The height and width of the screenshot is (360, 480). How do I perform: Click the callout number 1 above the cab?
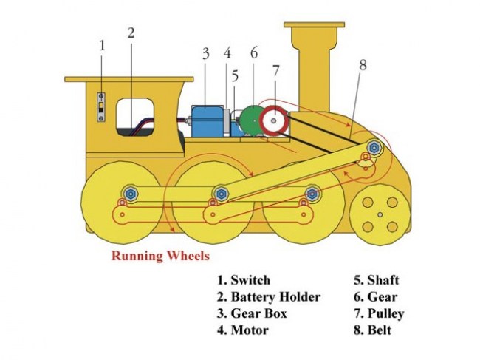point(102,46)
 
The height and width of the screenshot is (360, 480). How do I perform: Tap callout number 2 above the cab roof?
point(131,33)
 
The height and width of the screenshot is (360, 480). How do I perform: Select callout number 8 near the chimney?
point(363,64)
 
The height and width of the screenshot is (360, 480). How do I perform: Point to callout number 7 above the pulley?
point(275,71)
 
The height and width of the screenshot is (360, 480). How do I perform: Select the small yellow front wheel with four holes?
point(380,214)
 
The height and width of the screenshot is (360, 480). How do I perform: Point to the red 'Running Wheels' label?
point(160,257)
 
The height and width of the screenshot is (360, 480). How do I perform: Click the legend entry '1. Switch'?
point(243,280)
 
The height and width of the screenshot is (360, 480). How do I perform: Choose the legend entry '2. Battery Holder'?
point(268,297)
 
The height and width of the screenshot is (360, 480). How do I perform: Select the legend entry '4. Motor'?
point(242,330)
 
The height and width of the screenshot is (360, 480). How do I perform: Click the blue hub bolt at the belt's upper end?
point(374,149)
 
